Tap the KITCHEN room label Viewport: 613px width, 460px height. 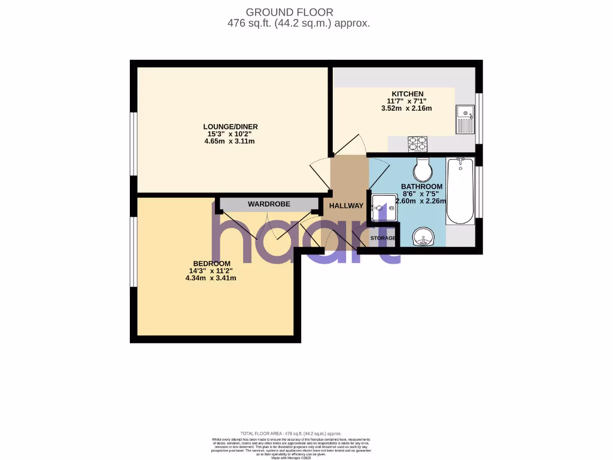[408, 94]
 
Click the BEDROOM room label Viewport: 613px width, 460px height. [211, 264]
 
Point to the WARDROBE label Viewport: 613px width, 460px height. [269, 204]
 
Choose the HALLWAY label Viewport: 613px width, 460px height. [345, 205]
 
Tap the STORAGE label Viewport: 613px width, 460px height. [383, 238]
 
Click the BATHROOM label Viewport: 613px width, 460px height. [421, 186]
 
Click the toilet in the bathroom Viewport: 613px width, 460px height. [423, 170]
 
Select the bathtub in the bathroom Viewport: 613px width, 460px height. [460, 190]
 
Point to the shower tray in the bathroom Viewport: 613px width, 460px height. [383, 207]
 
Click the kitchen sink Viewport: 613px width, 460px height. [465, 118]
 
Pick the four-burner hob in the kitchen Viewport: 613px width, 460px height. [417, 144]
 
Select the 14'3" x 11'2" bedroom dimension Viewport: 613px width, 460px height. [211, 271]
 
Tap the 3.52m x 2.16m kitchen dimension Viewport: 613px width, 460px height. [406, 108]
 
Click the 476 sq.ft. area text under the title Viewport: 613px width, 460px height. [298, 24]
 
